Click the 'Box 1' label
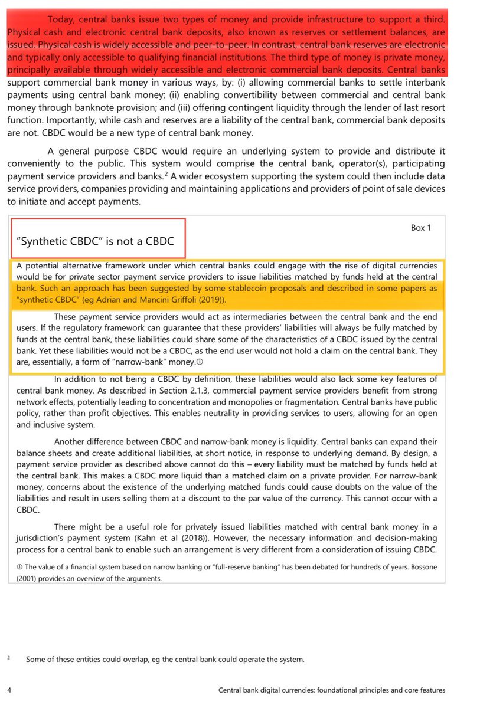[421, 228]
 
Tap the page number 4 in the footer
[8, 690]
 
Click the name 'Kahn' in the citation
[203, 537]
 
